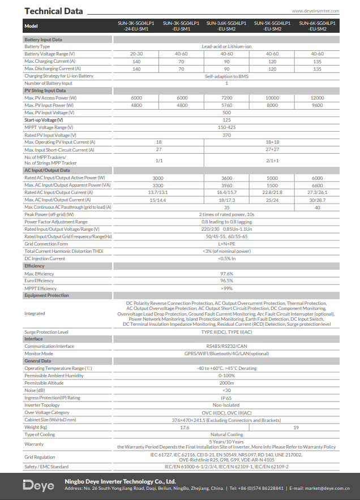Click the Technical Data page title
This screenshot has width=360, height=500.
click(x=54, y=11)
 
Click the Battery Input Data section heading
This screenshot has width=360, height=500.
click(x=43, y=40)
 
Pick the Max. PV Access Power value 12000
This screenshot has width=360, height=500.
click(x=317, y=98)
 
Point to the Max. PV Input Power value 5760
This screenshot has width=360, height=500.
click(x=226, y=105)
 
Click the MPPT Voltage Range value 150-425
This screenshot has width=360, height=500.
click(x=226, y=127)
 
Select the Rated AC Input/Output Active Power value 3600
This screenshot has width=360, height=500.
click(x=226, y=178)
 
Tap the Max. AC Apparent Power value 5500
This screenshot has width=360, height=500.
click(x=272, y=185)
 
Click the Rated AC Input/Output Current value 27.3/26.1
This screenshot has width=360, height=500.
click(x=317, y=192)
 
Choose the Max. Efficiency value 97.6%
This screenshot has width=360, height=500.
click(x=226, y=274)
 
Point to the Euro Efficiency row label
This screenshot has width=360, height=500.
click(x=40, y=281)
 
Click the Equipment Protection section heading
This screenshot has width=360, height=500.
click(x=46, y=295)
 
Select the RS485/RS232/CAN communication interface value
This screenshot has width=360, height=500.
click(x=226, y=346)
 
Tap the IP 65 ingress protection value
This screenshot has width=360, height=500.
click(x=226, y=398)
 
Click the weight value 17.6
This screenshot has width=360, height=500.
click(x=185, y=428)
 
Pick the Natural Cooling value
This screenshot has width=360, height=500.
click(x=226, y=434)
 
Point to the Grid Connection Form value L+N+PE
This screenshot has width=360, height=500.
click(x=226, y=244)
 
